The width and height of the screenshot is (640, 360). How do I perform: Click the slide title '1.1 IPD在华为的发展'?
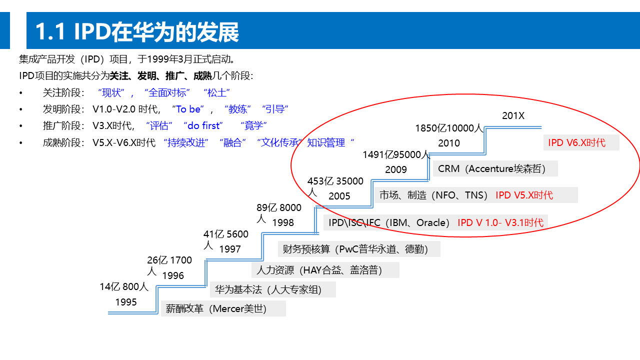(137, 32)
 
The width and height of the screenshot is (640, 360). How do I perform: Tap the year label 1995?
(126, 302)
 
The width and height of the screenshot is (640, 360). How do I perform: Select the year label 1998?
(283, 223)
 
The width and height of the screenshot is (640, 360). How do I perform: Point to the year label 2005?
(339, 196)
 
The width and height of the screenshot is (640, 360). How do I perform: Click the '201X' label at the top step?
(513, 116)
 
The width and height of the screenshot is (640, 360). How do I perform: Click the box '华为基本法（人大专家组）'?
(268, 290)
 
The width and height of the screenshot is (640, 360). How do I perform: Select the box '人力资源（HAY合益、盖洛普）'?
(319, 270)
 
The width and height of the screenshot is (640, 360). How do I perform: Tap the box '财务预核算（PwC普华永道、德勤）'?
(355, 249)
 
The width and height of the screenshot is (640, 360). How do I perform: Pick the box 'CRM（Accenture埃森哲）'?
(491, 169)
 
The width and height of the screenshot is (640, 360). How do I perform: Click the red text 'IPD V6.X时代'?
(576, 143)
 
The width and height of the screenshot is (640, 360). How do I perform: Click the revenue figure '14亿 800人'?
(124, 287)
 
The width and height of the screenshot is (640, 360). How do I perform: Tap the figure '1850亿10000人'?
(449, 128)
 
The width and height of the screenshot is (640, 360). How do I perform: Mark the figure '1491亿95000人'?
(396, 155)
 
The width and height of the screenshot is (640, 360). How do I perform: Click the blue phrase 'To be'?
(188, 109)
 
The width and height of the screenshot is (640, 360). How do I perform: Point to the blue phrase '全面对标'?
(167, 93)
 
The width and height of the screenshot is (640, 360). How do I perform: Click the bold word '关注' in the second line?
(119, 76)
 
